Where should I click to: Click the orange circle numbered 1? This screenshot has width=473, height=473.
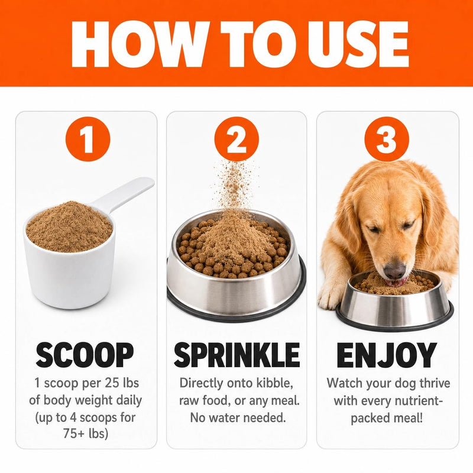[88, 139]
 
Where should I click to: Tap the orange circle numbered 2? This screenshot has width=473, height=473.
[237, 139]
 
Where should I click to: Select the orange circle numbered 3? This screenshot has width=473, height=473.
[387, 139]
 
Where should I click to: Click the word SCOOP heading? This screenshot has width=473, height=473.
[85, 355]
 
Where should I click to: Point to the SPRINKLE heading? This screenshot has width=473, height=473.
[237, 355]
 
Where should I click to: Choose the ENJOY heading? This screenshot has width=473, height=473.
[387, 355]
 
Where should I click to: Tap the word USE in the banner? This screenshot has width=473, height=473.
[358, 44]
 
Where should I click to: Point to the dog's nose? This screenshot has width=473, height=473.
[394, 270]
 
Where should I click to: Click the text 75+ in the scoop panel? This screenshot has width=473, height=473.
[74, 433]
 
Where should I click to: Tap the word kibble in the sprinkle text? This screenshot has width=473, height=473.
[274, 383]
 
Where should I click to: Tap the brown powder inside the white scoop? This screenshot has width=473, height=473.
[69, 227]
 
